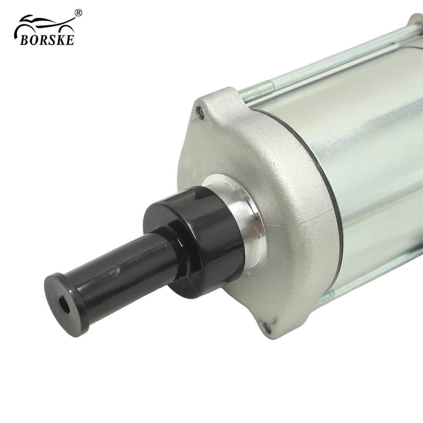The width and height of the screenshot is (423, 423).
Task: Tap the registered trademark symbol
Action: (78, 13)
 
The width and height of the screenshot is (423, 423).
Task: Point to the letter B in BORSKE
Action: (24, 40)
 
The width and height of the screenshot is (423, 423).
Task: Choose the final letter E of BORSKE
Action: (70, 40)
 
